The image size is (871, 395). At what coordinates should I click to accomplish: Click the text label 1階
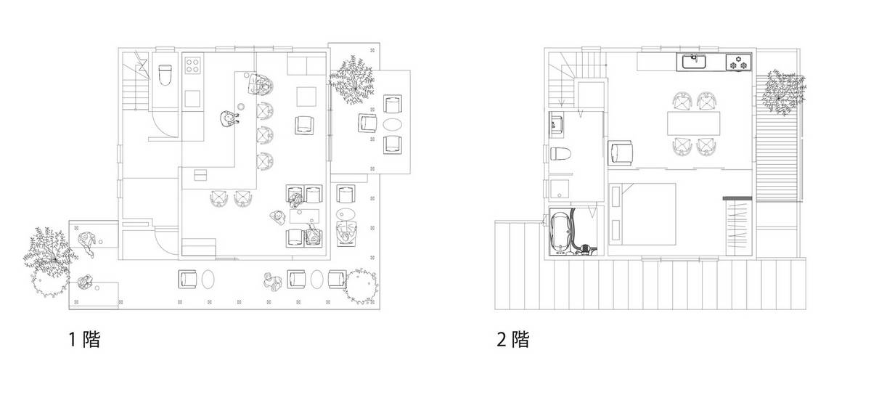(x=84, y=339)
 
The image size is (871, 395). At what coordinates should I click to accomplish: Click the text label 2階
(x=513, y=339)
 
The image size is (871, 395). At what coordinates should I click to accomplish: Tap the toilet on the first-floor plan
(x=165, y=75)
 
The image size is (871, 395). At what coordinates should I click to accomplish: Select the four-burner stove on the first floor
(x=192, y=65)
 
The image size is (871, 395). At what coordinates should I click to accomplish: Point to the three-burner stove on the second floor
(x=738, y=63)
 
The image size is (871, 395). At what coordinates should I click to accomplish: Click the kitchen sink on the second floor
(x=694, y=62)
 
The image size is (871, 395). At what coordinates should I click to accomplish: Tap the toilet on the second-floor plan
(x=560, y=153)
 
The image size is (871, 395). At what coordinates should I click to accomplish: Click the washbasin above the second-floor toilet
(x=557, y=124)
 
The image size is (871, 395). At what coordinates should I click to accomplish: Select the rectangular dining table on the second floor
(x=694, y=123)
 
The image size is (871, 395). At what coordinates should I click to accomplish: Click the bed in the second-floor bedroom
(x=642, y=214)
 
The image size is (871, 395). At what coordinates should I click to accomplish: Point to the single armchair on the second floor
(x=621, y=153)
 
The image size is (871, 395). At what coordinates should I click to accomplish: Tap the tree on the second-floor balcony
(x=782, y=93)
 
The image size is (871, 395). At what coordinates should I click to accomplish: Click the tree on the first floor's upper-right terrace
(x=351, y=80)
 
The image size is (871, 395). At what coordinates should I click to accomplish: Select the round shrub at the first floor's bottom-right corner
(x=361, y=286)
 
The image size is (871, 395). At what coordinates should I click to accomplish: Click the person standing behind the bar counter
(x=229, y=118)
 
